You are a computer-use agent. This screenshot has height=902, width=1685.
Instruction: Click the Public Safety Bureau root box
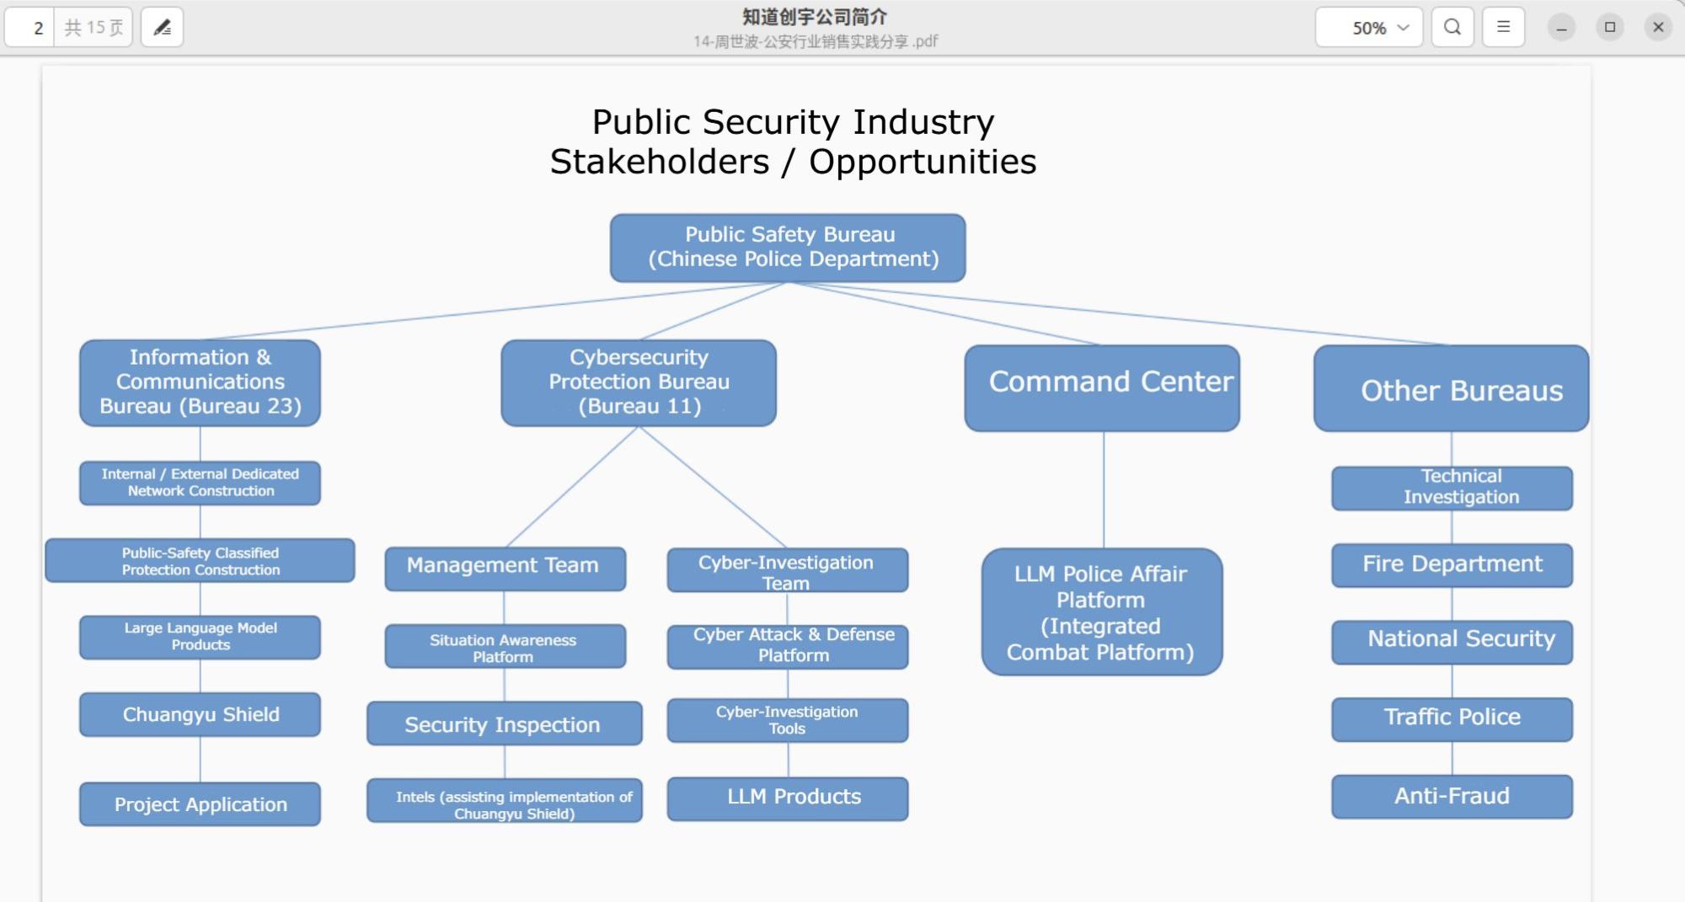pyautogui.click(x=788, y=248)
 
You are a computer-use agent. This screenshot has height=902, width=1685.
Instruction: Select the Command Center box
pyautogui.click(x=1102, y=387)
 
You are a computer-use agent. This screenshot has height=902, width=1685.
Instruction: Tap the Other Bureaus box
pyautogui.click(x=1451, y=388)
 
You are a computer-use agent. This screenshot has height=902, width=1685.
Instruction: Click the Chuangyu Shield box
pyautogui.click(x=201, y=714)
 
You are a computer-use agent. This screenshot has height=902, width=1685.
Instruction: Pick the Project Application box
pyautogui.click(x=201, y=804)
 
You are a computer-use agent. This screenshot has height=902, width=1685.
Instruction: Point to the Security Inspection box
pyautogui.click(x=504, y=723)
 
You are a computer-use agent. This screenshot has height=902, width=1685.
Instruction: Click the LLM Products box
pyautogui.click(x=788, y=798)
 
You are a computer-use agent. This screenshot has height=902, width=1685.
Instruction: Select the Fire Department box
pyautogui.click(x=1452, y=564)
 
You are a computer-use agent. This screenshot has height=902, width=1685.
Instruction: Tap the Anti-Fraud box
pyautogui.click(x=1452, y=796)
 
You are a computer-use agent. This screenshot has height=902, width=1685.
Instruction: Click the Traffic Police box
pyautogui.click(x=1452, y=718)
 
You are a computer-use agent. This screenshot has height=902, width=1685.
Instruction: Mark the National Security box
pyautogui.click(x=1452, y=641)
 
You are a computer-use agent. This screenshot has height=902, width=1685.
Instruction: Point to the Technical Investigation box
pyautogui.click(x=1452, y=488)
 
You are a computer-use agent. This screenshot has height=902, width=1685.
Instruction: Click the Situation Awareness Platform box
pyautogui.click(x=505, y=647)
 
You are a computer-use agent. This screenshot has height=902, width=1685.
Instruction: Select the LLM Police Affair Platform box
pyautogui.click(x=1101, y=612)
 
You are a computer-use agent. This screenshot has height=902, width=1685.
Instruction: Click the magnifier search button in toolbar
pyautogui.click(x=1452, y=27)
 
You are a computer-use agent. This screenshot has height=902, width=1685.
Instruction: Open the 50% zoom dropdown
pyautogui.click(x=1369, y=27)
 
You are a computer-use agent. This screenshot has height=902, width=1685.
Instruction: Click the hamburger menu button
pyautogui.click(x=1503, y=27)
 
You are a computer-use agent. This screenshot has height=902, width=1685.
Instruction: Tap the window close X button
pyautogui.click(x=1658, y=27)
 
